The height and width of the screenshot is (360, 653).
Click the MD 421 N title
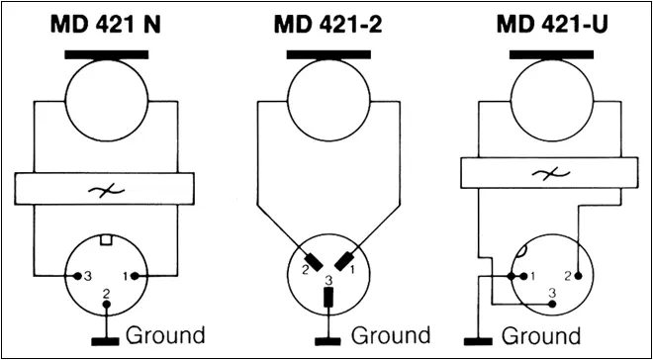[x=106, y=25]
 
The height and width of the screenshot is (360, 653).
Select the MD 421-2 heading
[x=329, y=25]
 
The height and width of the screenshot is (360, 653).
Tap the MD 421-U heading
[x=553, y=25]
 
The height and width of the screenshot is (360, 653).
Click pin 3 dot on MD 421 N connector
[x=77, y=276]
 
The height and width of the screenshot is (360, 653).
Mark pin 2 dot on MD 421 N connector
[x=107, y=305]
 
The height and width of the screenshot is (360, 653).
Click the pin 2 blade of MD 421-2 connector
[x=314, y=261]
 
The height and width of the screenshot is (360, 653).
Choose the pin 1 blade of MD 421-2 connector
[x=343, y=261]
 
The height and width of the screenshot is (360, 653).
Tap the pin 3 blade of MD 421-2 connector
[x=328, y=298]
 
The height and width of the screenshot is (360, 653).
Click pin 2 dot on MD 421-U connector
[x=578, y=276]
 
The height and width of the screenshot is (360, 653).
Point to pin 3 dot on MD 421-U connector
[x=552, y=304]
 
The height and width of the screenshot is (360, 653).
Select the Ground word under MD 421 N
[x=165, y=336]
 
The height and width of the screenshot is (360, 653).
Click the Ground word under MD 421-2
[x=390, y=336]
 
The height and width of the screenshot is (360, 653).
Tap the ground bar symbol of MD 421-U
[x=478, y=341]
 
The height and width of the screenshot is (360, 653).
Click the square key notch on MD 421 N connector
[x=107, y=240]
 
